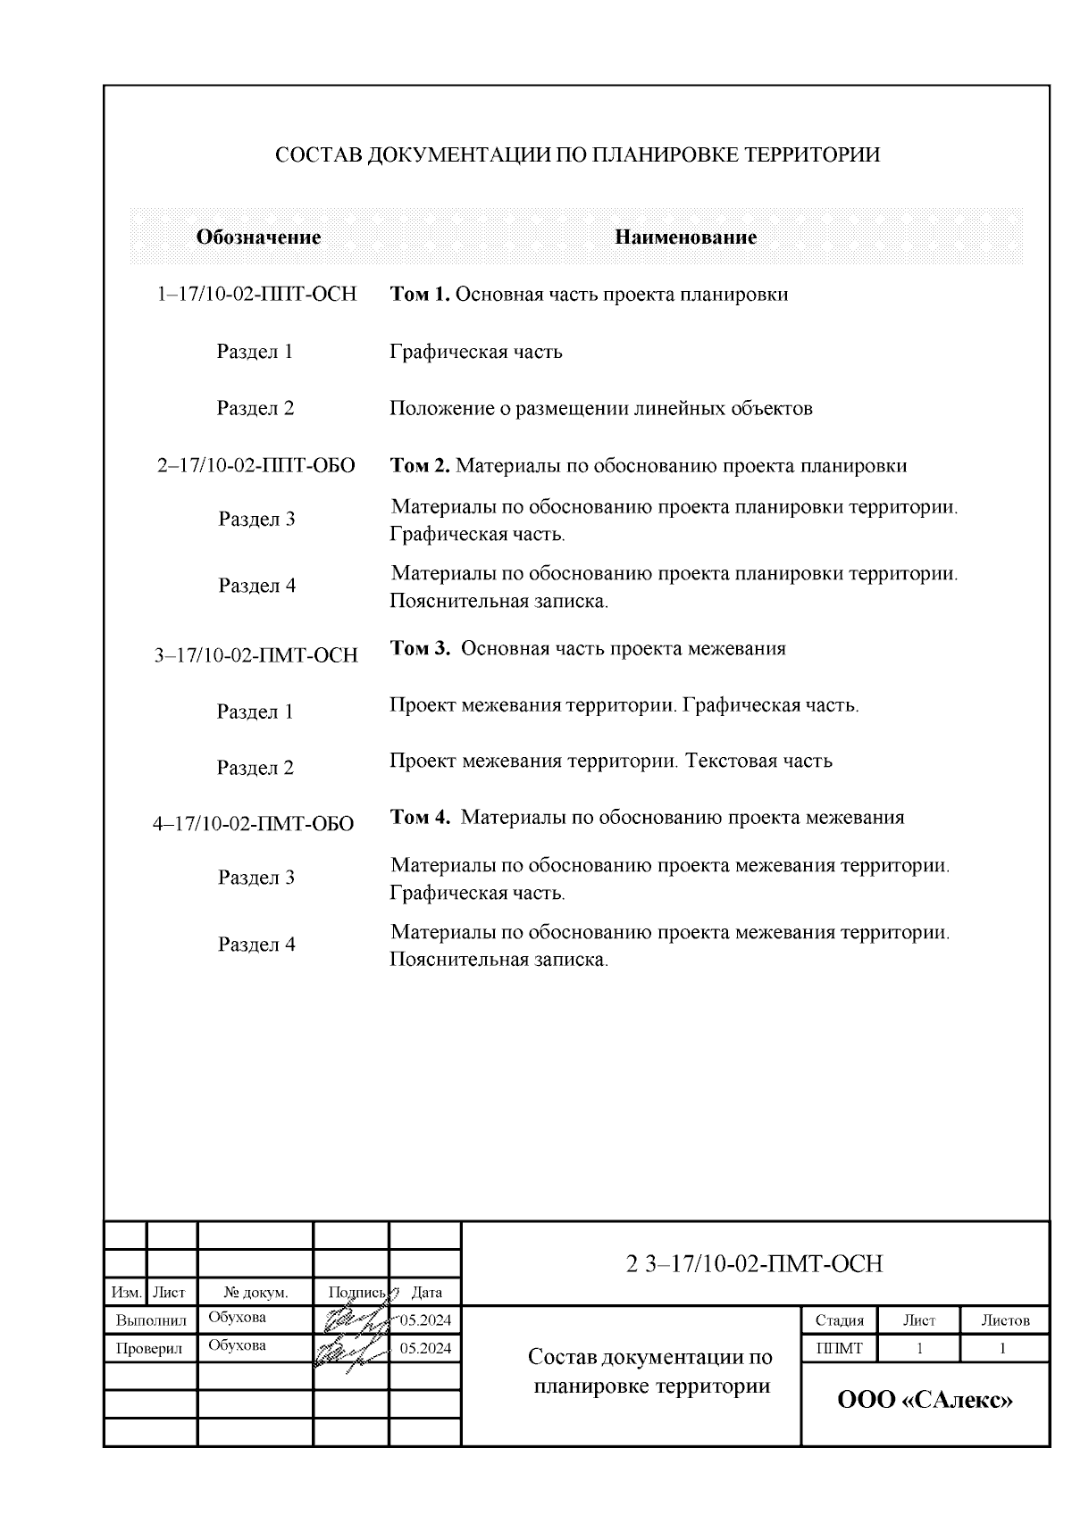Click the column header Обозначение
point(258,237)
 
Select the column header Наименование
point(685,237)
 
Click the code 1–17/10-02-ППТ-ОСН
point(256,295)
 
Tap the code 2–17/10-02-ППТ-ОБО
point(256,466)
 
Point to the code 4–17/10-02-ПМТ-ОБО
point(254,824)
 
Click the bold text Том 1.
point(421,295)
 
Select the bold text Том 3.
point(421,648)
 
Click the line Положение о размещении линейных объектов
point(600,409)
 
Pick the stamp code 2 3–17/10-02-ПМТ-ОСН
point(754,1264)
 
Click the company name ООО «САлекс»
point(925,1400)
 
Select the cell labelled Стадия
point(839,1320)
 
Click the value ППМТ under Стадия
point(839,1348)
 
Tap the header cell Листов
point(1005,1320)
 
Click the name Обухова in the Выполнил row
point(237,1318)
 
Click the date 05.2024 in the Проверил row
point(425,1348)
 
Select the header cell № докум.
point(255,1292)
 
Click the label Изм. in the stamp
point(124,1292)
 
